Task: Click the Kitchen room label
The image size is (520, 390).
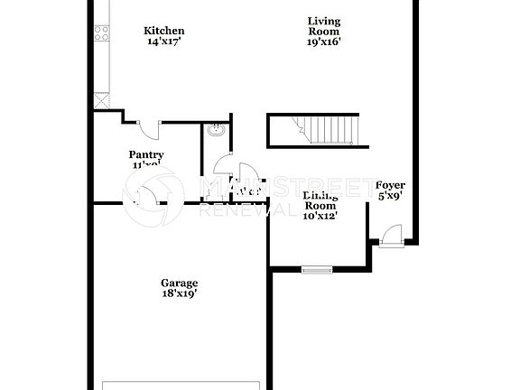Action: click(164, 31)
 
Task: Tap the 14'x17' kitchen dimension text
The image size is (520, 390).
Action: click(164, 41)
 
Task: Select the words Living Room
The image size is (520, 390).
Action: click(324, 25)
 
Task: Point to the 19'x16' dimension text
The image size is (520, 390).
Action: click(324, 41)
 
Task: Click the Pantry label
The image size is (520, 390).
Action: click(146, 154)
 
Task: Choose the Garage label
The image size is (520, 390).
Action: click(179, 283)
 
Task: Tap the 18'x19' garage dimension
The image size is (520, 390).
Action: click(179, 293)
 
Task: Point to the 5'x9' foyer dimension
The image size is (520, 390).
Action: click(390, 194)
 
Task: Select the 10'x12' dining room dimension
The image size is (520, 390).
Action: click(320, 216)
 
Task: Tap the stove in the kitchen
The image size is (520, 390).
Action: click(102, 34)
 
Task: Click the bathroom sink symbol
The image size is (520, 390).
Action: click(216, 132)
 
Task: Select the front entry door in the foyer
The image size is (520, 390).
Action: click(391, 236)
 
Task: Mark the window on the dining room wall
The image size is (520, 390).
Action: click(316, 268)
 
